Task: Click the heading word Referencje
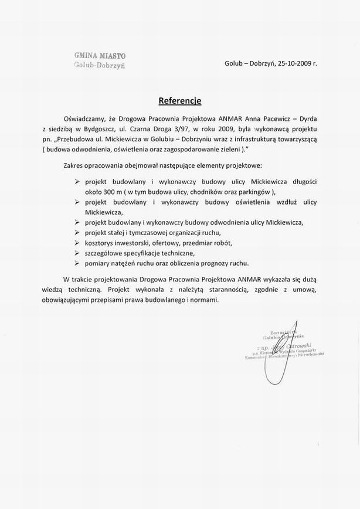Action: click(179, 100)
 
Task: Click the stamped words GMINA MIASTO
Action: click(100, 56)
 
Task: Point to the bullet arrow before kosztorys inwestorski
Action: click(77, 243)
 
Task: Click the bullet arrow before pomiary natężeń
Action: click(77, 263)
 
